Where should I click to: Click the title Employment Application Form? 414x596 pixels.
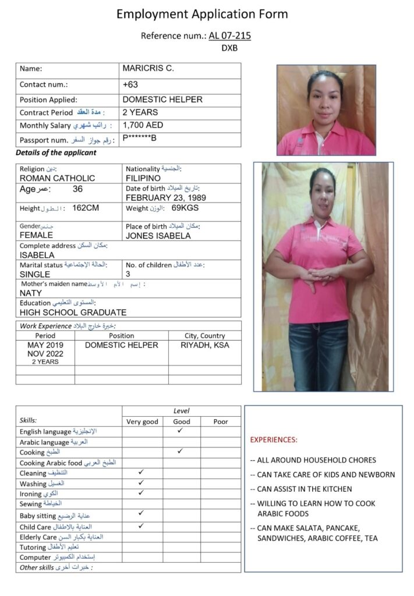202,14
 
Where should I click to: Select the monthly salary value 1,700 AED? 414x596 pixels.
143,125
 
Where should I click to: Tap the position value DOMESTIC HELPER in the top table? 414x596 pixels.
162,100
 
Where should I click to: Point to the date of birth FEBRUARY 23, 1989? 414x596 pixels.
166,197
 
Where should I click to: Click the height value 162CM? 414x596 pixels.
86,208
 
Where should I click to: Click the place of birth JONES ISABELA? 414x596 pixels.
158,236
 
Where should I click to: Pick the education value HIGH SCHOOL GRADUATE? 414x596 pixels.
73,312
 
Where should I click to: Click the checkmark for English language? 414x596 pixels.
181,431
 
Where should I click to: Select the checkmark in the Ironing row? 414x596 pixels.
141,492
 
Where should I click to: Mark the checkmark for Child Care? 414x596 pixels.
141,526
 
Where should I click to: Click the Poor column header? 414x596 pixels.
220,421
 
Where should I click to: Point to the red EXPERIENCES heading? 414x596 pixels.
274,439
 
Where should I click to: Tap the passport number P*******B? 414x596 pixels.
139,139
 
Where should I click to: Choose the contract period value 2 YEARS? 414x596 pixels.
140,112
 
